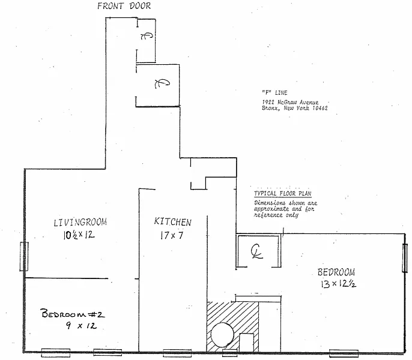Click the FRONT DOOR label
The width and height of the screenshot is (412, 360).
(x=123, y=6)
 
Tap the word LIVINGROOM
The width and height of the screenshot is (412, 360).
(x=80, y=223)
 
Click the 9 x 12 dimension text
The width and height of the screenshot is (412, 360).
(x=80, y=326)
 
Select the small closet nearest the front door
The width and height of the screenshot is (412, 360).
(x=146, y=37)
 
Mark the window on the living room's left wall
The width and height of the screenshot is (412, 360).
(x=24, y=257)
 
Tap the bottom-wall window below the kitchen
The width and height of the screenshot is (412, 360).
(x=177, y=352)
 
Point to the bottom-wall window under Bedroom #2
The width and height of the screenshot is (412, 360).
(x=55, y=352)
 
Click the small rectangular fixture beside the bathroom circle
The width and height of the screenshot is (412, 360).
(x=247, y=343)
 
